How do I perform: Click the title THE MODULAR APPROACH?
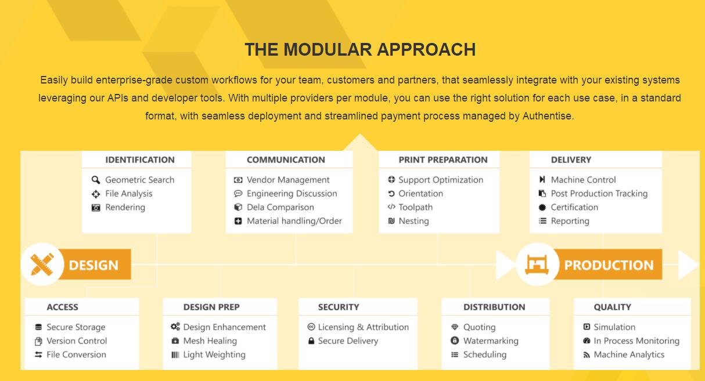[x=360, y=50]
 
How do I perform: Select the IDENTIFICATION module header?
[x=140, y=159]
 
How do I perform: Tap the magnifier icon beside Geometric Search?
[x=96, y=180]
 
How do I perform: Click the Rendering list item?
[x=125, y=208]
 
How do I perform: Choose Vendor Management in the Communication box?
[x=288, y=180]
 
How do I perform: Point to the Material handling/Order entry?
[x=294, y=221]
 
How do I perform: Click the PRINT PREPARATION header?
[x=443, y=159]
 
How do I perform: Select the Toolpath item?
[x=415, y=208]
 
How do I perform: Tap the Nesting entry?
[x=413, y=221]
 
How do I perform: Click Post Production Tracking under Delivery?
[x=599, y=194]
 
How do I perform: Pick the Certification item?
[x=574, y=208]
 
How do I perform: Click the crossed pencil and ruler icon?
[x=42, y=264]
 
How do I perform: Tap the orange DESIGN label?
[x=93, y=264]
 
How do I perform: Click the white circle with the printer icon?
[x=538, y=264]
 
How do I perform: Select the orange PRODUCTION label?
[x=609, y=264]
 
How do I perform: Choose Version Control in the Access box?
[x=77, y=341]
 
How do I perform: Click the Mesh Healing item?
[x=210, y=341]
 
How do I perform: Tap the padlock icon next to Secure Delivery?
[x=311, y=341]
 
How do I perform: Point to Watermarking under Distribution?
[x=491, y=341]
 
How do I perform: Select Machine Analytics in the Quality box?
[x=629, y=354]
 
